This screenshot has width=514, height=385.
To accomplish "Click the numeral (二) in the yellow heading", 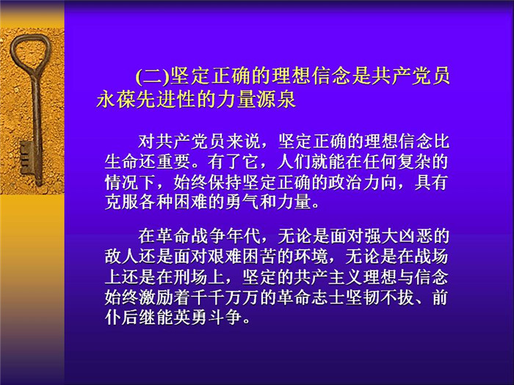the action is [153, 76].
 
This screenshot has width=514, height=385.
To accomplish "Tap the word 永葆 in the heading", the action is [116, 99].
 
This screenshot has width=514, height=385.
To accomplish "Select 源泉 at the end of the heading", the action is [276, 99].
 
